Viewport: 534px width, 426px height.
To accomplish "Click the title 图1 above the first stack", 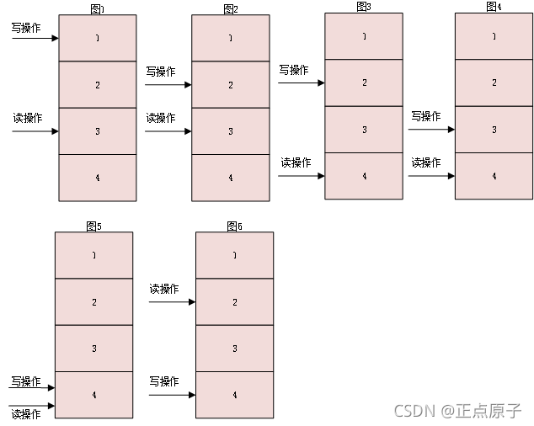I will tap(97, 8).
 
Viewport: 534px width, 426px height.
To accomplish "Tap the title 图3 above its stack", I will tap(364, 6).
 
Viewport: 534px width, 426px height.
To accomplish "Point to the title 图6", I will tap(234, 226).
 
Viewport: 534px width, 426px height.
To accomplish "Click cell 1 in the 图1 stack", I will tap(97, 38).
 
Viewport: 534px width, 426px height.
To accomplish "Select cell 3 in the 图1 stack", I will tap(97, 131).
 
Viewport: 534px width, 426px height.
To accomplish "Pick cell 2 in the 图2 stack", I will tap(231, 85).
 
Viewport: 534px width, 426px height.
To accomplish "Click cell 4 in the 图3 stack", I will tap(364, 176).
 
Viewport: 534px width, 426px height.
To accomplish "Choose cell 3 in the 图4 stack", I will tap(494, 130).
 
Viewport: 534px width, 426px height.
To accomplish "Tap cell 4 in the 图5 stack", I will tap(93, 395).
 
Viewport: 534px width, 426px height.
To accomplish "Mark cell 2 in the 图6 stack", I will tap(234, 301).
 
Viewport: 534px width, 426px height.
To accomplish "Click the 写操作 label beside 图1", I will tap(26, 28).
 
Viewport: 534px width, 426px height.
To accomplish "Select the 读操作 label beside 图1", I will tap(27, 118).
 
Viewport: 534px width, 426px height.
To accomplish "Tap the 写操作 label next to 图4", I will tap(425, 116).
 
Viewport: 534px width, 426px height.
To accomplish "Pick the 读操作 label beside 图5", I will tap(25, 414).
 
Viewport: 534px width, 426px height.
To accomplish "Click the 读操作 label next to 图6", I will tap(164, 289).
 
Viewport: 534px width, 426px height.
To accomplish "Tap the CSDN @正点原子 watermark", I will tap(458, 412).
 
